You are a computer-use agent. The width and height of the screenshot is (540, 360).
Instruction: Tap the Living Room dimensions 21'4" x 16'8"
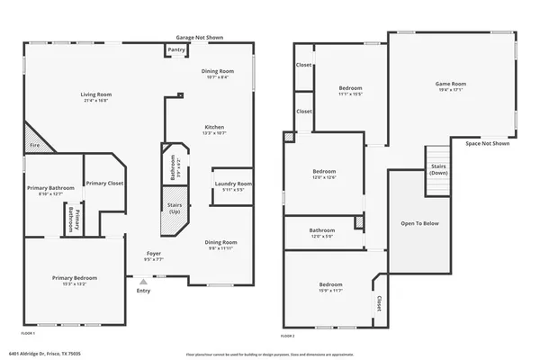[96, 101]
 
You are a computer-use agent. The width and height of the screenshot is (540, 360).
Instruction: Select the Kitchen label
[214, 127]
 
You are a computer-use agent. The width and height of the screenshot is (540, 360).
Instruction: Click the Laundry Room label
[233, 184]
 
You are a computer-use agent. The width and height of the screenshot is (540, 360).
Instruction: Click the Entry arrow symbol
[141, 280]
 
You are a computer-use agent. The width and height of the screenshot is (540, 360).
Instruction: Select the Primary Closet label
[104, 183]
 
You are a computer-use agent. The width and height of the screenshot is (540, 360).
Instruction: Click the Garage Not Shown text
[199, 38]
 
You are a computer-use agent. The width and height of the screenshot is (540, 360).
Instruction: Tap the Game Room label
[450, 84]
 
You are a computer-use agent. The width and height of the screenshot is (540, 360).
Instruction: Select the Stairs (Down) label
[438, 169]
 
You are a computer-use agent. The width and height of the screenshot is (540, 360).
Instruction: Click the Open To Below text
[419, 223]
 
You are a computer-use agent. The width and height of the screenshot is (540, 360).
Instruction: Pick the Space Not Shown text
[487, 143]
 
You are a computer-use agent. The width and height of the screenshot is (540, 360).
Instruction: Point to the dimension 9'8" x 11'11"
[221, 248]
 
